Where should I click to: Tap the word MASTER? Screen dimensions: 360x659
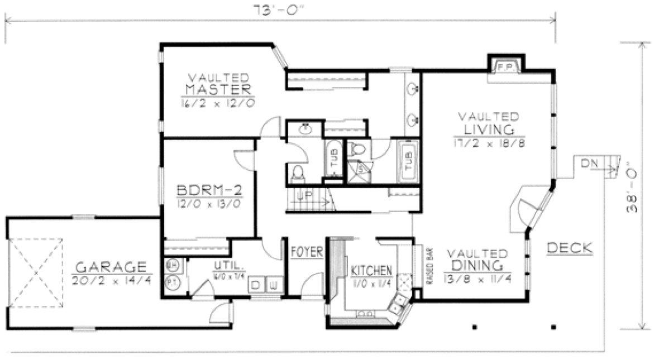pos(218,89)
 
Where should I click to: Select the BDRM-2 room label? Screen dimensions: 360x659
pos(209,190)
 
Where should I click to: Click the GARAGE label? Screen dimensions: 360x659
pos(111,266)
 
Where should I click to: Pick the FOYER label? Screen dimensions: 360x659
pos(307,253)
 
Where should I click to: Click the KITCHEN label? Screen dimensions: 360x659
pos(371,271)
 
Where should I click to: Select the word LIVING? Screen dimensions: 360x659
pos(488,129)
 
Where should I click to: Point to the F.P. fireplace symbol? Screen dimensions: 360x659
pos(505,66)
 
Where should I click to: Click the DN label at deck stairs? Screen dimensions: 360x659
pos(589,163)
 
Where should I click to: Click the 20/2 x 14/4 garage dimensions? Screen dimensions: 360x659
pos(112,279)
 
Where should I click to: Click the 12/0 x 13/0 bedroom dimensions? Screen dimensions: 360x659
pos(208,203)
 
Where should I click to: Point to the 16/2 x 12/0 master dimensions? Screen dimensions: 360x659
pos(218,103)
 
